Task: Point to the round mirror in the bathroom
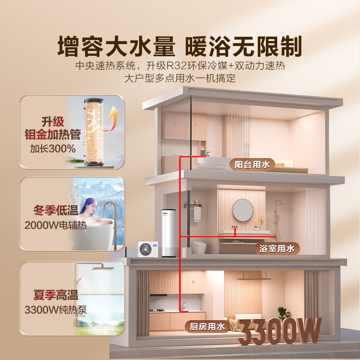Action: tap(243, 210)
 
